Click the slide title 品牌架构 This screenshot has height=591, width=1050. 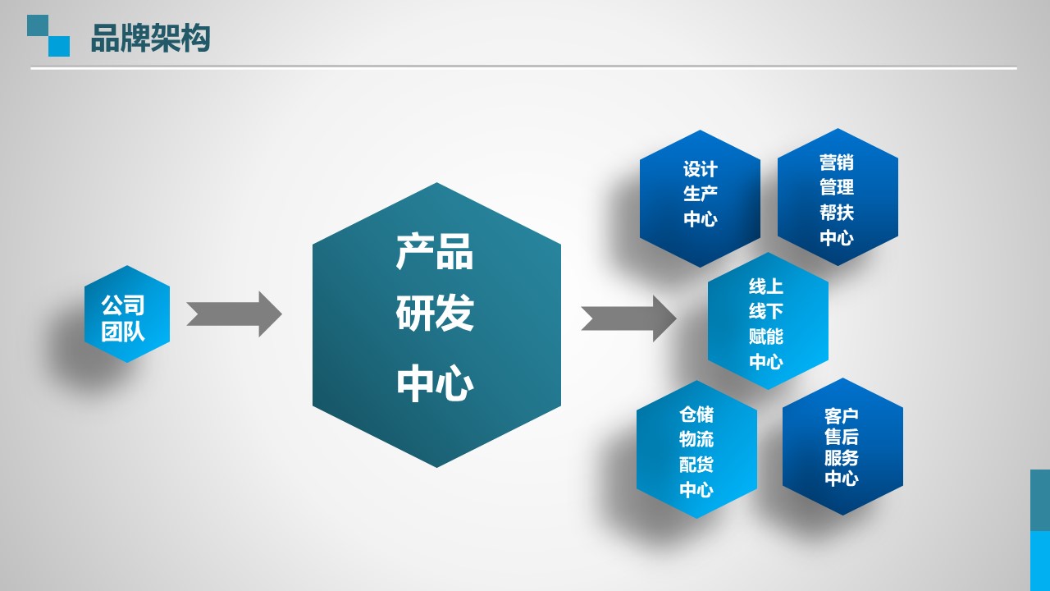[x=150, y=38]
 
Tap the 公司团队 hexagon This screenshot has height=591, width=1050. [x=127, y=314]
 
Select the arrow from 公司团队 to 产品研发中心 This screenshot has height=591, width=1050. [x=234, y=314]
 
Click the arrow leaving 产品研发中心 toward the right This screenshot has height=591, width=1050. [x=628, y=318]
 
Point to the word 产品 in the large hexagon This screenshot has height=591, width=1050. [x=435, y=252]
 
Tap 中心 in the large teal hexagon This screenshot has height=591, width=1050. [x=435, y=383]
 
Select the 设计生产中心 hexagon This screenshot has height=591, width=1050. [x=700, y=199]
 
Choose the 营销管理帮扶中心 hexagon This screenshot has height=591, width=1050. [x=838, y=197]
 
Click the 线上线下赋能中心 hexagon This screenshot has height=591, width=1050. [x=768, y=321]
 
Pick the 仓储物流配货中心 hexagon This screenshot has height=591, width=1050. [x=696, y=449]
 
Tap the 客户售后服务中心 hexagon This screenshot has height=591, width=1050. [x=842, y=447]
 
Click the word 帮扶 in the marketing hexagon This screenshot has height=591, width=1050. [x=837, y=213]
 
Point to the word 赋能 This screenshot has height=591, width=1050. [x=766, y=337]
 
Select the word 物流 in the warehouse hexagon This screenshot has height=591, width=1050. [x=696, y=439]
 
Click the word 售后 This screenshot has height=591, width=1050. [x=842, y=437]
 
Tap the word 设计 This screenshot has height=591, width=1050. [x=701, y=169]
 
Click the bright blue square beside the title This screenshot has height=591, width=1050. [x=59, y=47]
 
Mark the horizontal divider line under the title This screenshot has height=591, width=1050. [x=523, y=68]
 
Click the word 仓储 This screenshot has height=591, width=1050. [x=696, y=415]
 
